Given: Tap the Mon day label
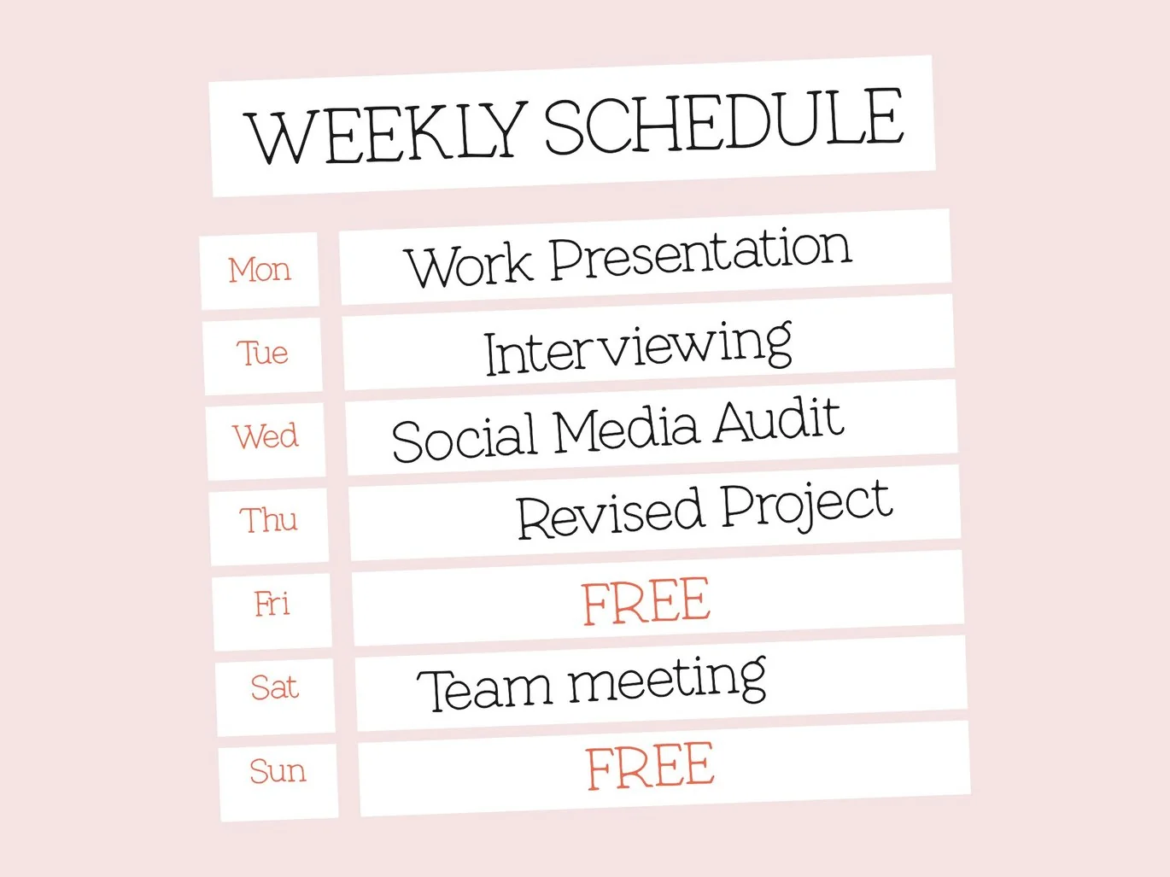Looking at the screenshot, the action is (260, 270).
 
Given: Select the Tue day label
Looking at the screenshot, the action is (262, 353).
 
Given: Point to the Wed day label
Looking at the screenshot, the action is (265, 436).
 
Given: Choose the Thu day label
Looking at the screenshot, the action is (268, 519).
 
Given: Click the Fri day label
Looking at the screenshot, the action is (272, 604).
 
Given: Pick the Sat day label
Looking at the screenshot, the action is (274, 687).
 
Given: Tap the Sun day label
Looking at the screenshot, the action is (278, 771).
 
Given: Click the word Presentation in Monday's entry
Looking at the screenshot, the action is (700, 254).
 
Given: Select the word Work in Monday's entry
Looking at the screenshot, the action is (469, 265).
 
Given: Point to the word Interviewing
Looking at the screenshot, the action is (638, 349).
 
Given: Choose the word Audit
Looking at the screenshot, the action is (779, 421).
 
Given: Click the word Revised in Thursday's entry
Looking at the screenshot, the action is (609, 513).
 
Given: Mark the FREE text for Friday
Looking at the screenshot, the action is (646, 602).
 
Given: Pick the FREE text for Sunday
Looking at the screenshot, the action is (650, 767).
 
